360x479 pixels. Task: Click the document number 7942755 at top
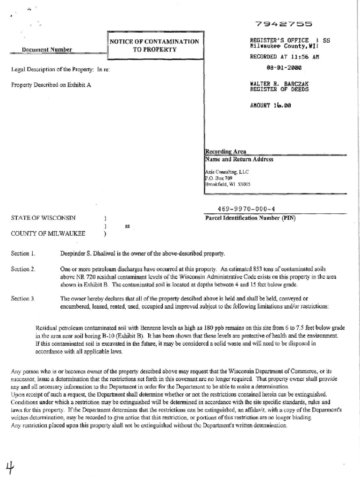point(284,23)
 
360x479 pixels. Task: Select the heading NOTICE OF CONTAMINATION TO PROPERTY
point(154,45)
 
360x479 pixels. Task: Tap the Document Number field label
point(47,49)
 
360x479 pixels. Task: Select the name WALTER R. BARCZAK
point(279,84)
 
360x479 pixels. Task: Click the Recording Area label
point(225,152)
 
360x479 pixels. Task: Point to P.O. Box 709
point(218,178)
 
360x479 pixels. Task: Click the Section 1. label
point(23,254)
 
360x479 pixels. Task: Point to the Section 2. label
point(23,270)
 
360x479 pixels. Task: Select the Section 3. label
point(23,298)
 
